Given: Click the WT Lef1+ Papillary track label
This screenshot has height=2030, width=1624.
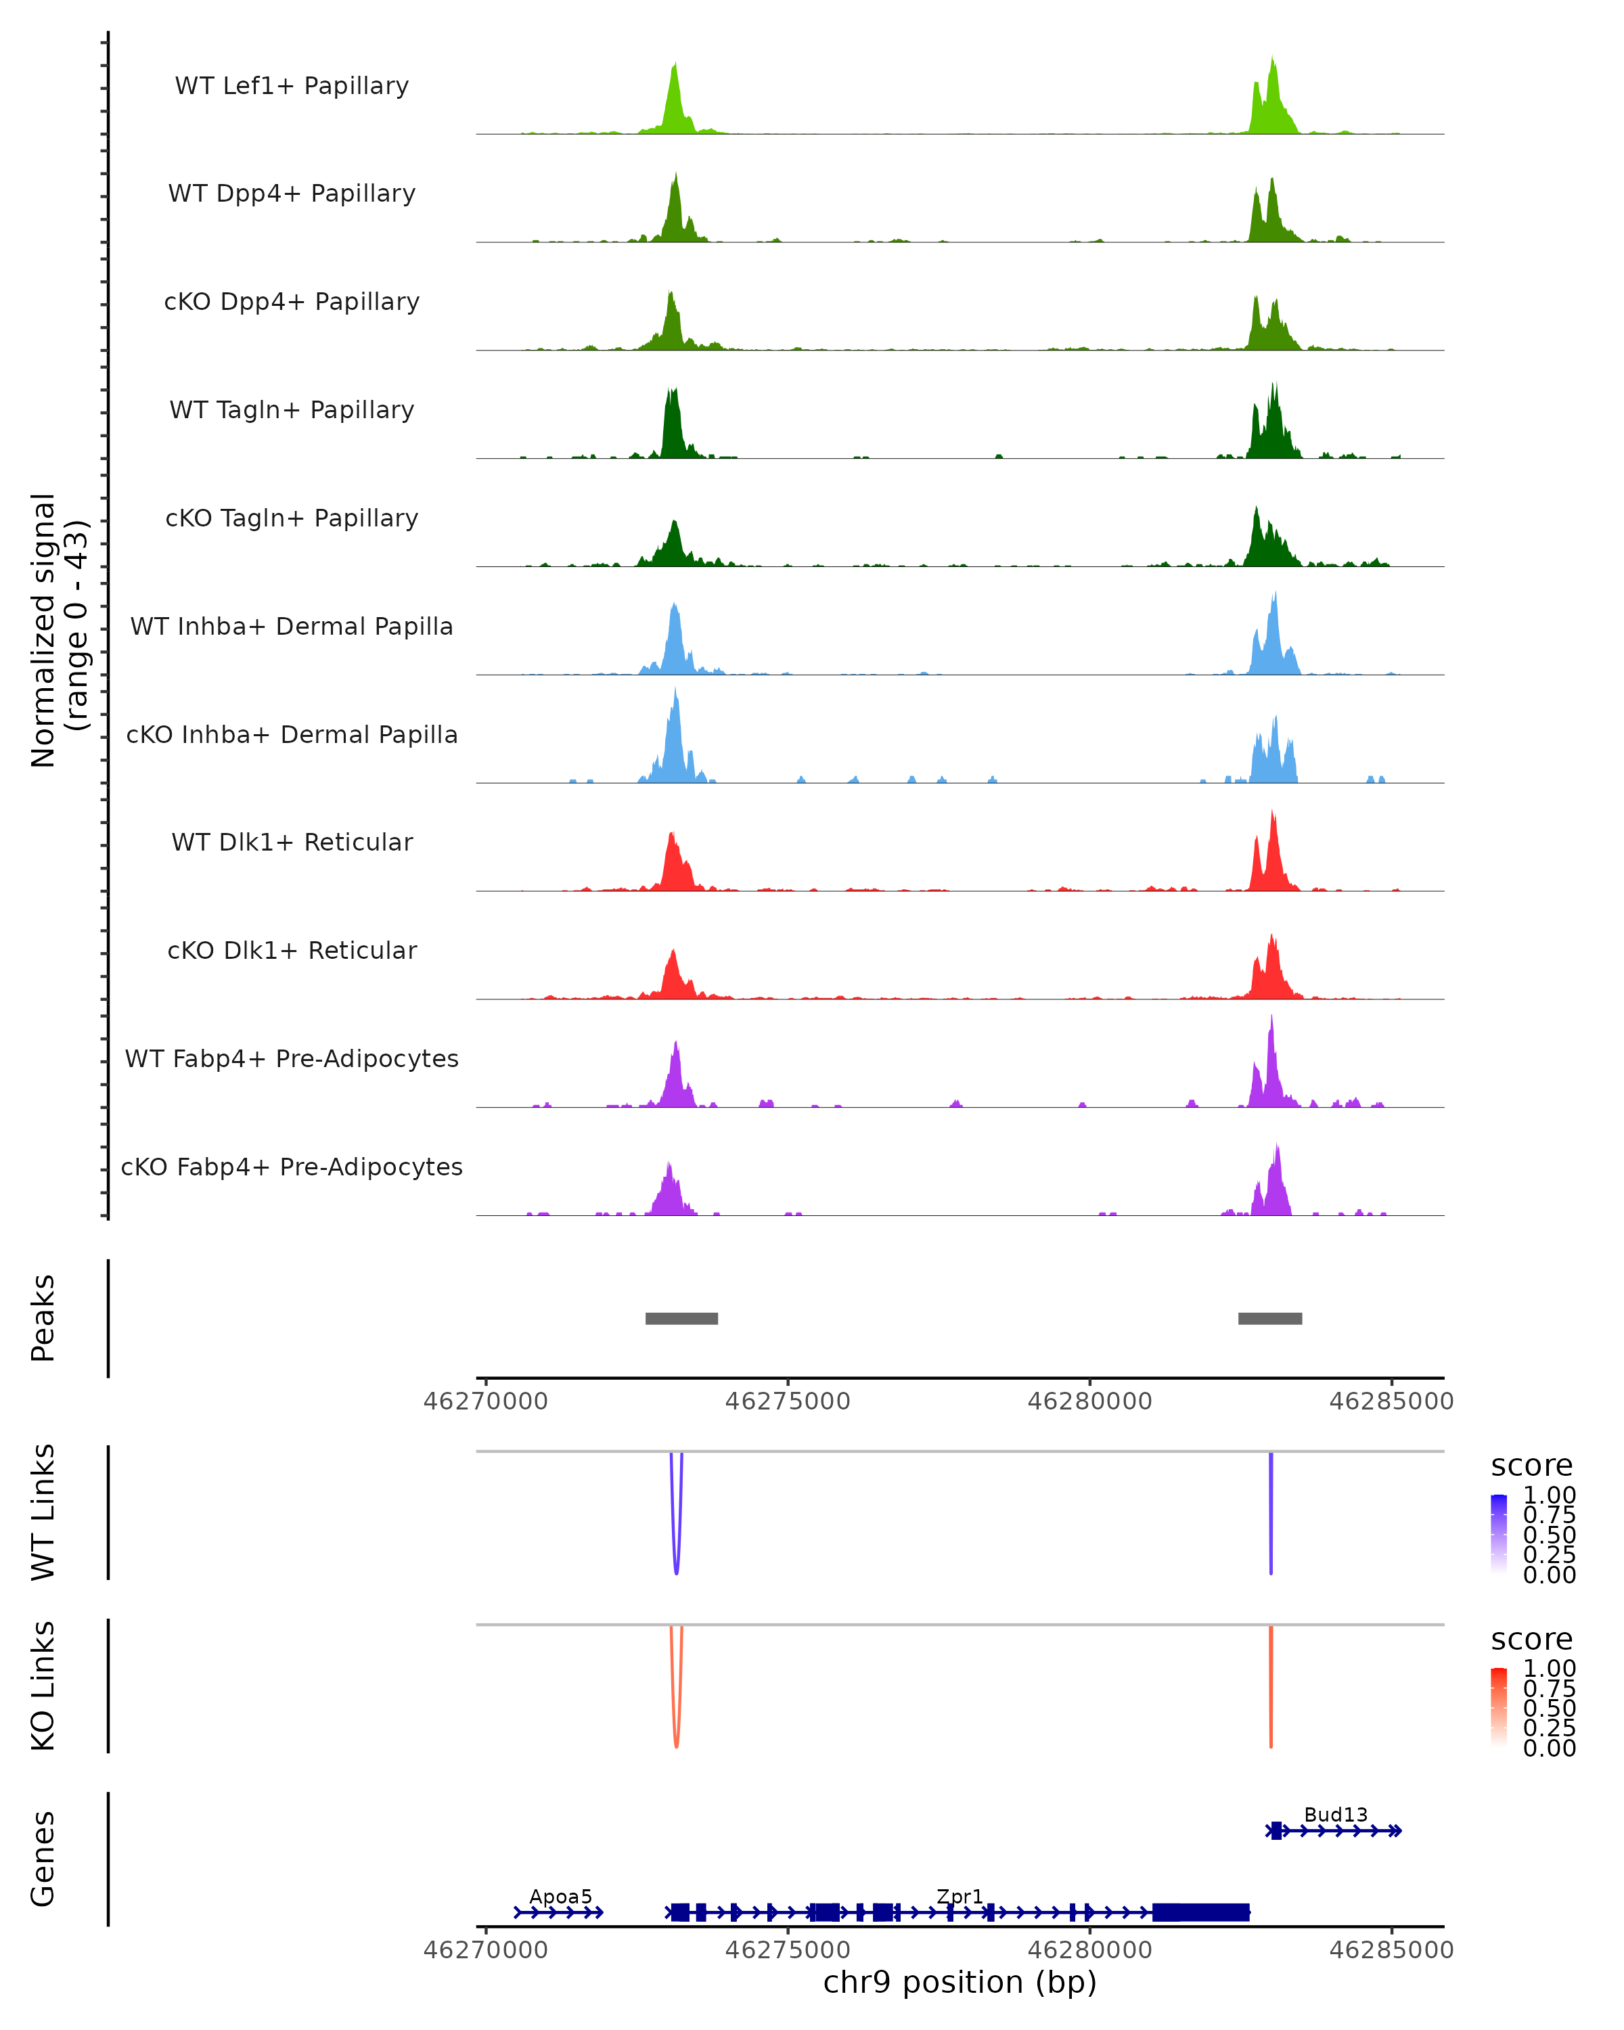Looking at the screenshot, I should tap(292, 86).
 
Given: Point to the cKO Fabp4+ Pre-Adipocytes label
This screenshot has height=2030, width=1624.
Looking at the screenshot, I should tap(292, 1167).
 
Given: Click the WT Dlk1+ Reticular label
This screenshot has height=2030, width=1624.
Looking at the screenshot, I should tap(292, 842).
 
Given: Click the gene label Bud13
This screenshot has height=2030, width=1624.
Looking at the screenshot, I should tap(1335, 1814).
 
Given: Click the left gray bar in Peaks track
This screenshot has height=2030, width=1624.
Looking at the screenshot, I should tap(681, 1318).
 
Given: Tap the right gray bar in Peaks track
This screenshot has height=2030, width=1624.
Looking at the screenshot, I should tap(1270, 1318).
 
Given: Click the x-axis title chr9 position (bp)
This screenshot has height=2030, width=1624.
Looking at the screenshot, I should tap(960, 1982).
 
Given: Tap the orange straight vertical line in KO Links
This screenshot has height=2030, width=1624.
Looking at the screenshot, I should tap(1271, 1686).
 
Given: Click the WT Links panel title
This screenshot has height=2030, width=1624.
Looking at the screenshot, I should tap(43, 1512).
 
